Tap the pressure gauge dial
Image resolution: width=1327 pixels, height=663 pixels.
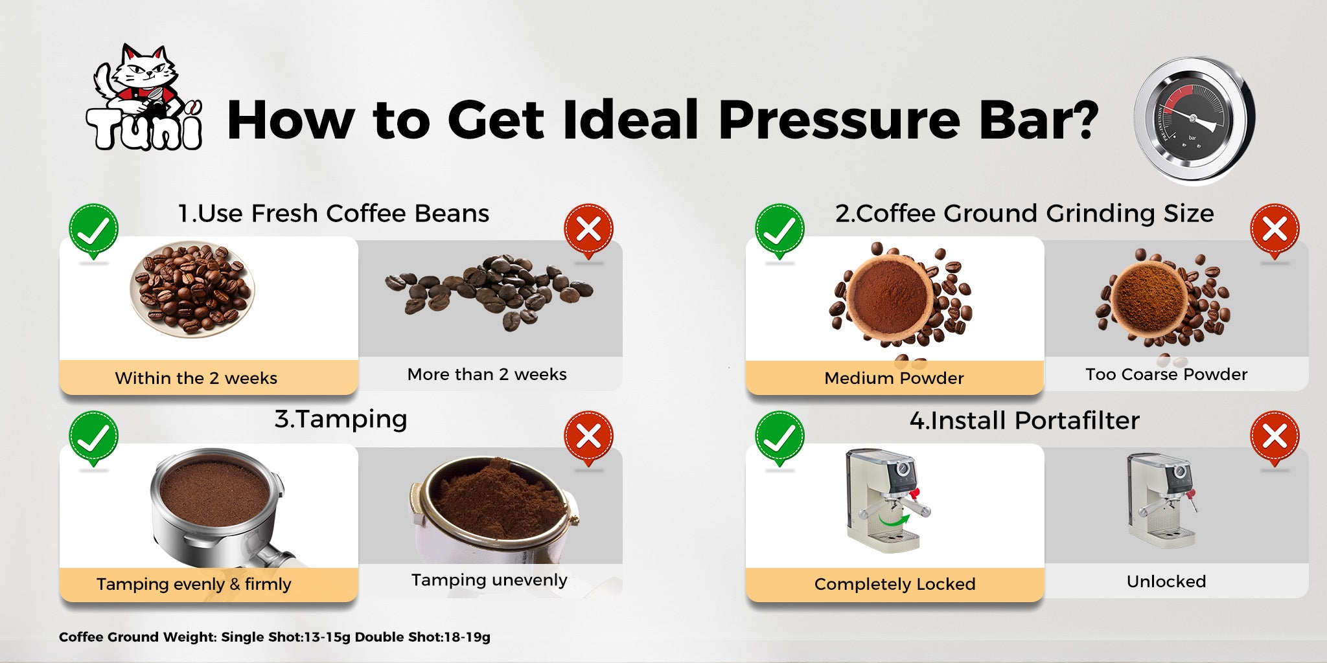click(x=1194, y=120)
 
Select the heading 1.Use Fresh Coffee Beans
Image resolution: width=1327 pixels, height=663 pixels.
click(x=334, y=213)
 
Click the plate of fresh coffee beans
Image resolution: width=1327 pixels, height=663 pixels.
click(x=192, y=289)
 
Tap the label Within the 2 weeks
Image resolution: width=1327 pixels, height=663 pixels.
click(x=196, y=378)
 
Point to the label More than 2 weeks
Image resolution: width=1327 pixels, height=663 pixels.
click(x=487, y=374)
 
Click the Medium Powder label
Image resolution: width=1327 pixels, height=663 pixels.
click(x=894, y=378)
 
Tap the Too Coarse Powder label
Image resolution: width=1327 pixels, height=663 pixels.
click(x=1166, y=374)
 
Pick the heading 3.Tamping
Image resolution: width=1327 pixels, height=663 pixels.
click(x=341, y=420)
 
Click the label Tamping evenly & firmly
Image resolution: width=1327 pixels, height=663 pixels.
click(x=194, y=584)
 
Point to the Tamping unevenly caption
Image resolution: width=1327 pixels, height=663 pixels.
click(x=489, y=580)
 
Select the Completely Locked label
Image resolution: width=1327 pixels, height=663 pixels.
click(x=895, y=584)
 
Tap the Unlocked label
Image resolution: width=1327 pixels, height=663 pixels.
click(x=1166, y=581)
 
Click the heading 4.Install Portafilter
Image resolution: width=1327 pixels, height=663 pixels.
click(x=1024, y=421)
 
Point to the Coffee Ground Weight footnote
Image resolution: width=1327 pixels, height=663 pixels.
click(x=275, y=637)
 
